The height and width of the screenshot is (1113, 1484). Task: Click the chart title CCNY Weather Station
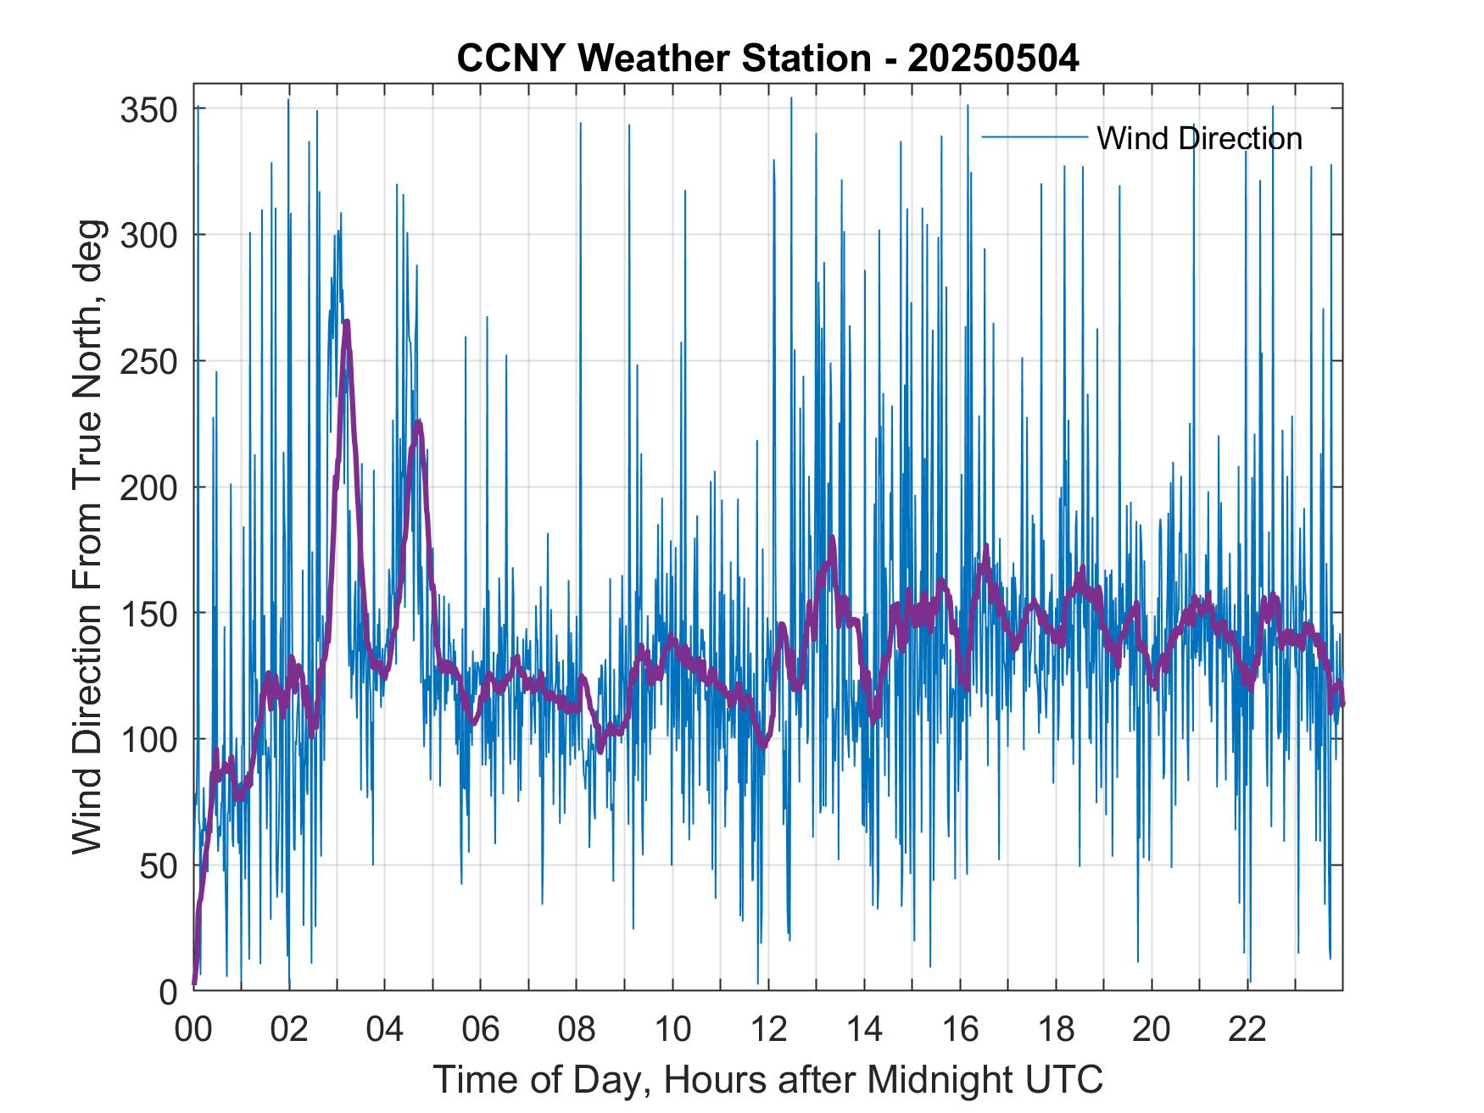click(x=767, y=58)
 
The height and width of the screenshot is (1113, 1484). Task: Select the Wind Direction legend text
click(x=1199, y=138)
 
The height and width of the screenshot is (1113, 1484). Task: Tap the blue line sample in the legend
click(x=1034, y=137)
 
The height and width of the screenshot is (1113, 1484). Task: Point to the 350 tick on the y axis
click(x=148, y=109)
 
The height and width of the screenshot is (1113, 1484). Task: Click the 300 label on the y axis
click(x=148, y=235)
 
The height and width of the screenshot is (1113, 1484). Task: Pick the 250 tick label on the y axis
click(x=148, y=361)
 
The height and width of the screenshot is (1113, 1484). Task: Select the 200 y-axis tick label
click(x=148, y=487)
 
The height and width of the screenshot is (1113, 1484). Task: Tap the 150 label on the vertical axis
click(x=148, y=614)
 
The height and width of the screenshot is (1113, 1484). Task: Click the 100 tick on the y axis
click(x=148, y=740)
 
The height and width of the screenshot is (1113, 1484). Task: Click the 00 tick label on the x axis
click(x=193, y=1030)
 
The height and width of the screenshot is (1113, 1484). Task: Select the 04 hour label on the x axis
click(x=385, y=1030)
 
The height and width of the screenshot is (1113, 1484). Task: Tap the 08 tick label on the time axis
click(x=577, y=1030)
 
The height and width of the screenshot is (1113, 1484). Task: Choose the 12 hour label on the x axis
click(x=768, y=1030)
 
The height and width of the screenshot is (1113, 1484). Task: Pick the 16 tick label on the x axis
click(x=960, y=1030)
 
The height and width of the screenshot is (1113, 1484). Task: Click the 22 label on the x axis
click(x=1247, y=1030)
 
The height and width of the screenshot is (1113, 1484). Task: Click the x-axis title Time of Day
click(x=767, y=1080)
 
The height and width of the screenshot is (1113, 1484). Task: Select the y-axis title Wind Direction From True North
click(x=87, y=537)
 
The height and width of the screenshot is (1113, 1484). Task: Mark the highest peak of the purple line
click(x=347, y=322)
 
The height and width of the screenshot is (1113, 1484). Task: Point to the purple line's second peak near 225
click(x=418, y=422)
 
